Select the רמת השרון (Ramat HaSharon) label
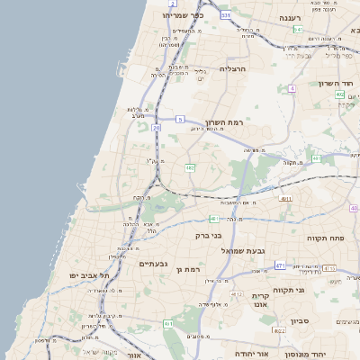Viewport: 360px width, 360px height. (x=225, y=122)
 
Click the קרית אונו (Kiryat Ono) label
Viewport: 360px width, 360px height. (x=261, y=301)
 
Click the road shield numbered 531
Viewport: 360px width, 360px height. (x=226, y=15)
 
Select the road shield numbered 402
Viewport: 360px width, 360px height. (x=339, y=94)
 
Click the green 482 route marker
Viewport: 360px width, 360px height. (x=190, y=167)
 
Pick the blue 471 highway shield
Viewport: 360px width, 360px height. (x=280, y=265)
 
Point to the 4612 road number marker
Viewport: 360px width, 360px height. (x=237, y=293)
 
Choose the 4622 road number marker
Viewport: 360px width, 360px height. (x=280, y=331)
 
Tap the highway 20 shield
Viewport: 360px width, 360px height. (x=156, y=129)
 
